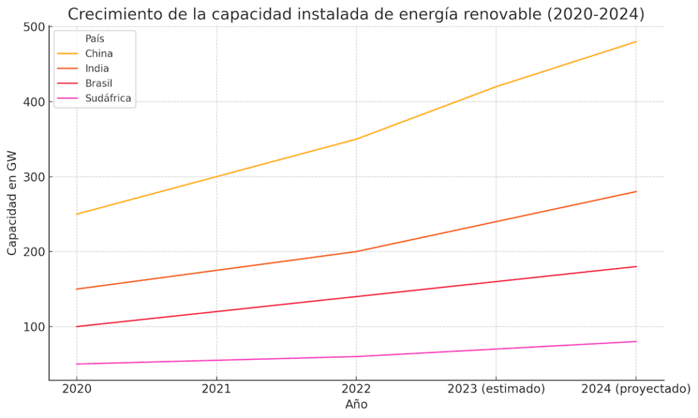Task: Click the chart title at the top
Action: pos(356,14)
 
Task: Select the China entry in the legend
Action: pos(99,53)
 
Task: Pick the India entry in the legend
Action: pos(97,68)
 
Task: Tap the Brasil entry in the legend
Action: pos(99,83)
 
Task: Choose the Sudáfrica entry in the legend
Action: pos(108,98)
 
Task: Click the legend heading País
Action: pos(95,39)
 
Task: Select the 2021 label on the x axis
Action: pos(216,389)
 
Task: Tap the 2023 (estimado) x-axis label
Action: pos(496,389)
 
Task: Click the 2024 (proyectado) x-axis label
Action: pos(635,389)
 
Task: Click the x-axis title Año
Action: pos(356,404)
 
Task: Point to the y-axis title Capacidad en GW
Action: pos(12,203)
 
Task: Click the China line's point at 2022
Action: pos(356,139)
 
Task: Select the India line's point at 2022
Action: pos(356,252)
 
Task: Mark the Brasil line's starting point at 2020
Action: pos(76,327)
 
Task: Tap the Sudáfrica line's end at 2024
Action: pos(635,342)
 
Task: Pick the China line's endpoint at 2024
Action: pos(635,42)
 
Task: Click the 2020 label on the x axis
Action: pos(76,389)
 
